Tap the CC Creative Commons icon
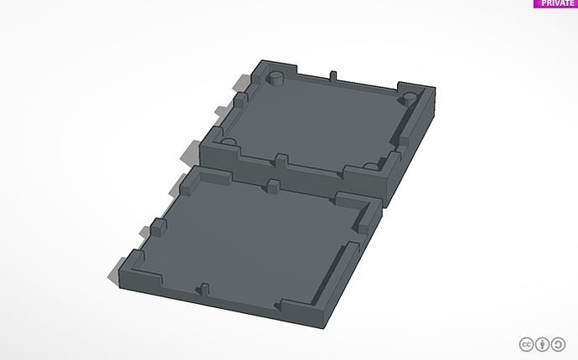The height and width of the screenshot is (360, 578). pyautogui.click(x=527, y=344)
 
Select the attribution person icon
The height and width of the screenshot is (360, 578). pyautogui.click(x=543, y=344)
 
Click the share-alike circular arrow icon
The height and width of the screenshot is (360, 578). pyautogui.click(x=559, y=344)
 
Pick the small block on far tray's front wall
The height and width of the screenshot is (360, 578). pyautogui.click(x=281, y=159)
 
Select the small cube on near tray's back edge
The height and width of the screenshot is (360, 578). pyautogui.click(x=272, y=186)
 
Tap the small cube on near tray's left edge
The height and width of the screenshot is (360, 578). pyautogui.click(x=156, y=226)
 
